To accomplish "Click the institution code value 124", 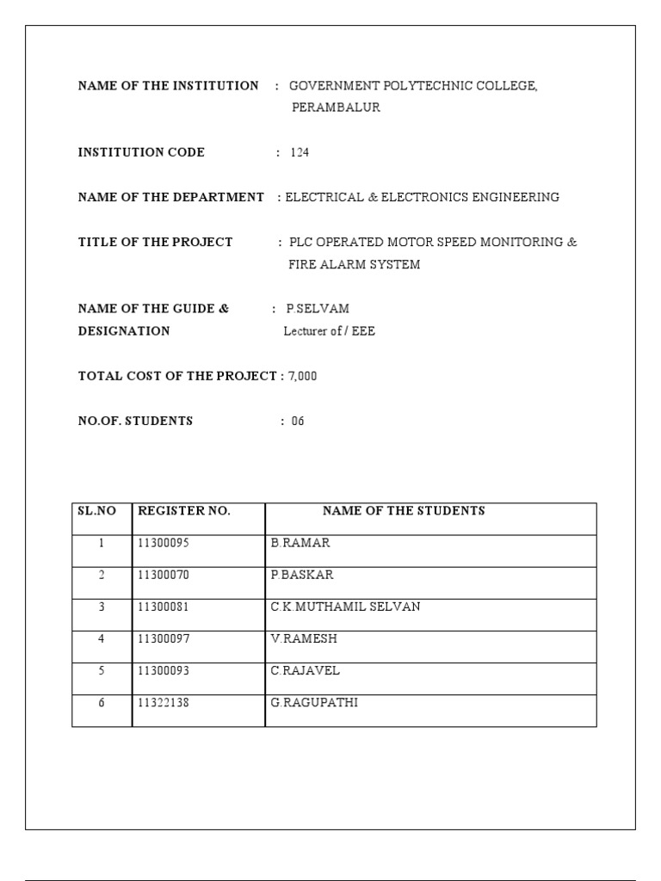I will pyautogui.click(x=300, y=153).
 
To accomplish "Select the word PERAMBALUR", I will pyautogui.click(x=336, y=108).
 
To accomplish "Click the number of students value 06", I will pyautogui.click(x=298, y=422).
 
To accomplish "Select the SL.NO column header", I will pyautogui.click(x=96, y=511).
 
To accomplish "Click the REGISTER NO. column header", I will pyautogui.click(x=184, y=511).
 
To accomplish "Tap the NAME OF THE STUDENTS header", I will pyautogui.click(x=404, y=511).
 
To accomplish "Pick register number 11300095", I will pyautogui.click(x=164, y=544).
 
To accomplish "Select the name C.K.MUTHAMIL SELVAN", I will pyautogui.click(x=345, y=607).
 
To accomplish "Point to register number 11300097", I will pyautogui.click(x=164, y=639).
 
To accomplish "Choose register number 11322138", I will pyautogui.click(x=164, y=703).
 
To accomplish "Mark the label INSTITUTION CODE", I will pyautogui.click(x=141, y=153).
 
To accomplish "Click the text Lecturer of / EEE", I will pyautogui.click(x=330, y=331).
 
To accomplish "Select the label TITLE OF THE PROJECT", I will pyautogui.click(x=155, y=243).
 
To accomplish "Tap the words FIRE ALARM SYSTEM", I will pyautogui.click(x=354, y=265).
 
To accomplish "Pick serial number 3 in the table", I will pyautogui.click(x=102, y=607).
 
